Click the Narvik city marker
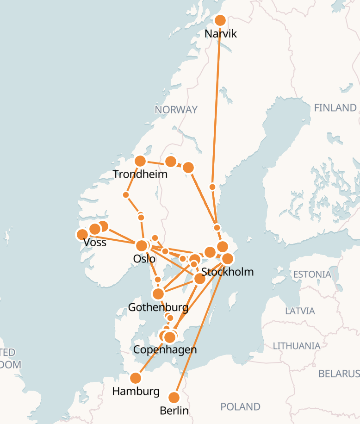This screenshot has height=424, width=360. pos(220,20)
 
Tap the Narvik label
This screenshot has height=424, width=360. pos(220,34)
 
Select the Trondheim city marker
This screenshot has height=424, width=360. pos(140,161)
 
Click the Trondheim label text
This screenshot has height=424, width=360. pos(140,175)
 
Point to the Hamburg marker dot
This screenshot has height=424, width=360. pos(135,378)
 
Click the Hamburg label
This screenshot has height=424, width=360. pos(136,392)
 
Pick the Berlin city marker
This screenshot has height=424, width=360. pos(174,398)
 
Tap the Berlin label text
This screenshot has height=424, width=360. pos(174,411)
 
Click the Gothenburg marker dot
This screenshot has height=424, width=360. pos(158,294)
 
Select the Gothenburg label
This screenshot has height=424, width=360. pos(158,307)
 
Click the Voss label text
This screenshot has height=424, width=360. pos(95,243)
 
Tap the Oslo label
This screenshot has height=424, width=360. pos(144,259)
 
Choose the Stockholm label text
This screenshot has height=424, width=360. pos(228,272)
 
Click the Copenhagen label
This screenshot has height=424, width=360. pos(165,349)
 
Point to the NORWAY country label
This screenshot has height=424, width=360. pos(176,110)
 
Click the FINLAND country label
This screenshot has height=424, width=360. pos(335,108)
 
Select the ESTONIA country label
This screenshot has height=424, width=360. pos(312,274)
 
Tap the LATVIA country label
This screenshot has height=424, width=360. pos(300,311)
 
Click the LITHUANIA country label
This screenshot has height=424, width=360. pos(297,346)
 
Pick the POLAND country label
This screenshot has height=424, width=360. pos(240,407)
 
